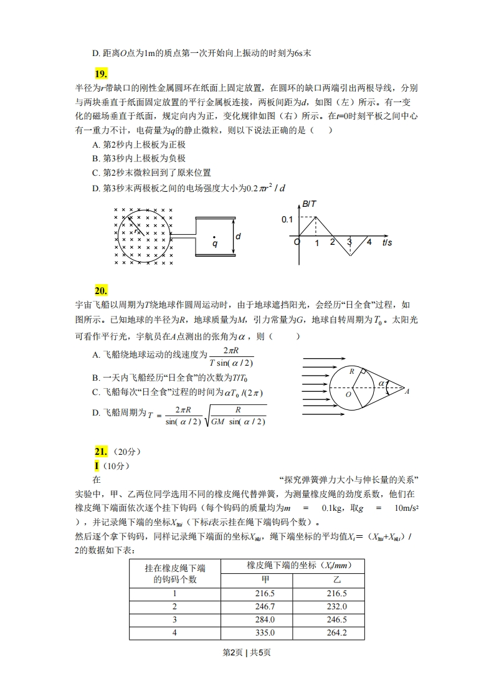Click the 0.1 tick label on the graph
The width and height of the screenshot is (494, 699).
287,219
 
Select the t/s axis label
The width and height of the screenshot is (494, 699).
387,242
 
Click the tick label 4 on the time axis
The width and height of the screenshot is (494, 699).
369,242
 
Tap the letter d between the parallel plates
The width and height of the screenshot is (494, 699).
238,236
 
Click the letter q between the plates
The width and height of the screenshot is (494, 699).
215,244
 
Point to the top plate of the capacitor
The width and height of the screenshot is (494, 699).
215,217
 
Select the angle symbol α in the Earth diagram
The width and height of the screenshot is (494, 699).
381,384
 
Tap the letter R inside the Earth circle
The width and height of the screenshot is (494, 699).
352,371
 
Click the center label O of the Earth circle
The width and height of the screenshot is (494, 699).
348,394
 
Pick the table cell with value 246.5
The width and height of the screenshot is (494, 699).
336,620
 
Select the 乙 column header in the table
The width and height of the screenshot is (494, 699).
336,579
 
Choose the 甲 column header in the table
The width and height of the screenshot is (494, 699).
265,579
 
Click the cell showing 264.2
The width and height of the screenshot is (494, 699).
336,633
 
